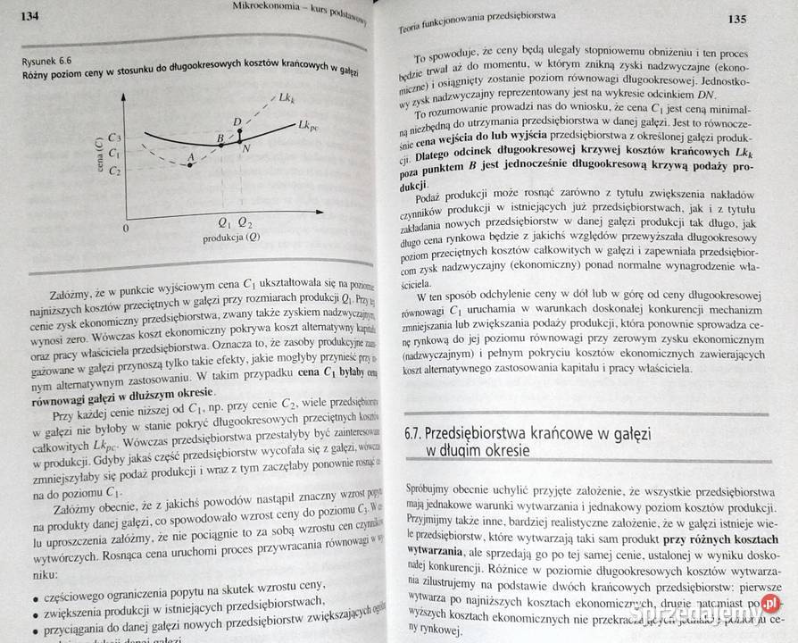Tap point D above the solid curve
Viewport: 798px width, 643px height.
coord(237,121)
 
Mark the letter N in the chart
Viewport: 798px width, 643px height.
coord(245,146)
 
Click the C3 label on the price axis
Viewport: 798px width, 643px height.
coord(113,138)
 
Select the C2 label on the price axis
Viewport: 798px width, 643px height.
coord(114,170)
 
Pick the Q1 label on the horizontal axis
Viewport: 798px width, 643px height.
coord(223,223)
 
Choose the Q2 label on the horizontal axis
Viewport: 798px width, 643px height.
coord(244,223)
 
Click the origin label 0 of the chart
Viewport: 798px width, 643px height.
coord(126,228)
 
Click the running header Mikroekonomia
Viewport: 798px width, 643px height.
coord(264,10)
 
